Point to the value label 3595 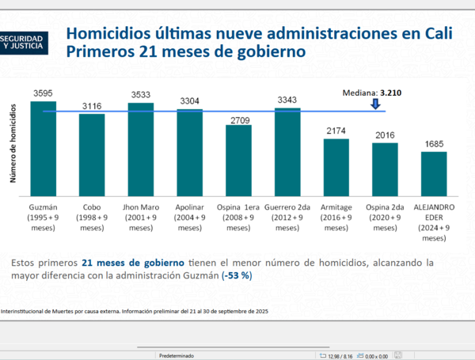click(44, 93)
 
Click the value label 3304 click(189, 100)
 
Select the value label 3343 click(287, 100)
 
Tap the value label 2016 click(385, 135)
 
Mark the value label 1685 click(434, 144)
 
